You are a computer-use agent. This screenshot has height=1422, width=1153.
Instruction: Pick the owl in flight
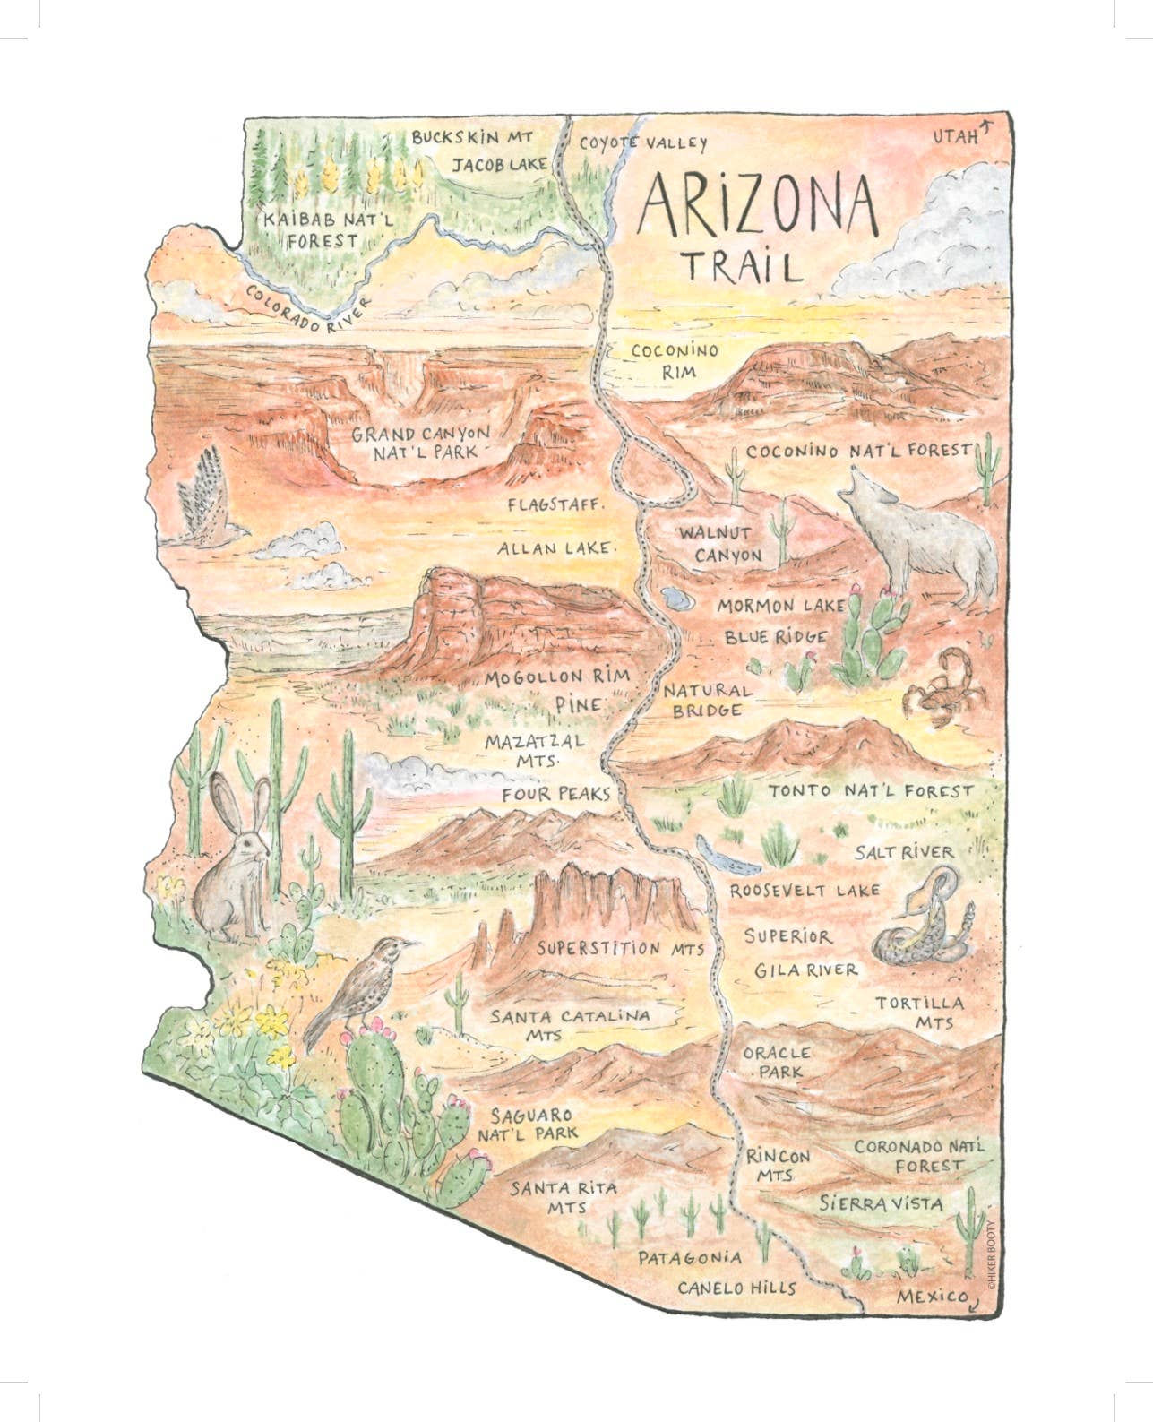(207, 503)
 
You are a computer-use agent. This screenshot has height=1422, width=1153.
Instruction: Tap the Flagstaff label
(555, 504)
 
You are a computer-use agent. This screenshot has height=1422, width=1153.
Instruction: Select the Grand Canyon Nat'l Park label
(420, 443)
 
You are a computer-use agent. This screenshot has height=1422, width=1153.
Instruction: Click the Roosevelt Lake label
(805, 892)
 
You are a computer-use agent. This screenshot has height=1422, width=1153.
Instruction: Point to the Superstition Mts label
(621, 948)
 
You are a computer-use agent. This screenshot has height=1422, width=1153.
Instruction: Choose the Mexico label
(933, 1296)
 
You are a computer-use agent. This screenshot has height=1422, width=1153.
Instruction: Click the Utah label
(956, 137)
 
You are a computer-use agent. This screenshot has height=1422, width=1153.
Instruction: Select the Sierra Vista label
(881, 1203)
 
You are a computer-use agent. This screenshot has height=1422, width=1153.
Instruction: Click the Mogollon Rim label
(557, 677)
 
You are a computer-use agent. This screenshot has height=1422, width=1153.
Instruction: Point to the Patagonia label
(689, 1257)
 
